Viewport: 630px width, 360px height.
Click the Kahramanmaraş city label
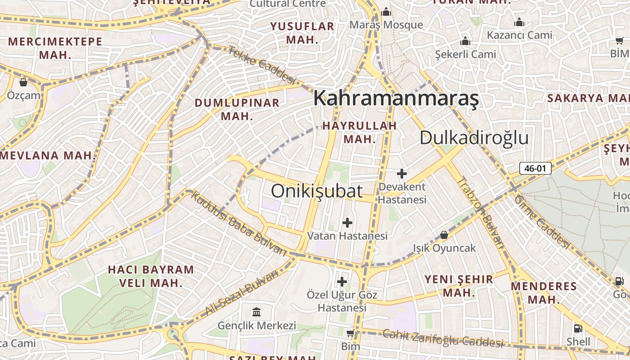(396, 98)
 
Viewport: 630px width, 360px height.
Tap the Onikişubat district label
(317, 191)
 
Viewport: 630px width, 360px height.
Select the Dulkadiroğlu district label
(474, 138)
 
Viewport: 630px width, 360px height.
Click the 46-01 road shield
(535, 169)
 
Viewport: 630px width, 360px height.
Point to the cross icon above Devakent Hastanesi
(402, 174)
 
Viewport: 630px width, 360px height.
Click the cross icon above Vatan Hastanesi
(347, 222)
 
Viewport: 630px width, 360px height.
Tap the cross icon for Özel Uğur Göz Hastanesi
(342, 282)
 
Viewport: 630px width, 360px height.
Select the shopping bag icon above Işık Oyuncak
(444, 235)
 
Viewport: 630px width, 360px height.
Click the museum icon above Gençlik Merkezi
(256, 312)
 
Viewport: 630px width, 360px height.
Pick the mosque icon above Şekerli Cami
(465, 41)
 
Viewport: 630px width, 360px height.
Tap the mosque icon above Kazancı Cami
(519, 22)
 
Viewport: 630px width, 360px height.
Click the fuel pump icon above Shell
(578, 328)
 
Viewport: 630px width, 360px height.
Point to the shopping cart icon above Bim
(350, 333)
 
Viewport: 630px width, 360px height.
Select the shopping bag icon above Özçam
(23, 82)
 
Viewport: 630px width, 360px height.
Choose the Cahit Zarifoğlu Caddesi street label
(442, 338)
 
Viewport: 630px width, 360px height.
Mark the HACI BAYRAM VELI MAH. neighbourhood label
(151, 276)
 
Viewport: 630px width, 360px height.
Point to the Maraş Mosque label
(386, 25)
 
